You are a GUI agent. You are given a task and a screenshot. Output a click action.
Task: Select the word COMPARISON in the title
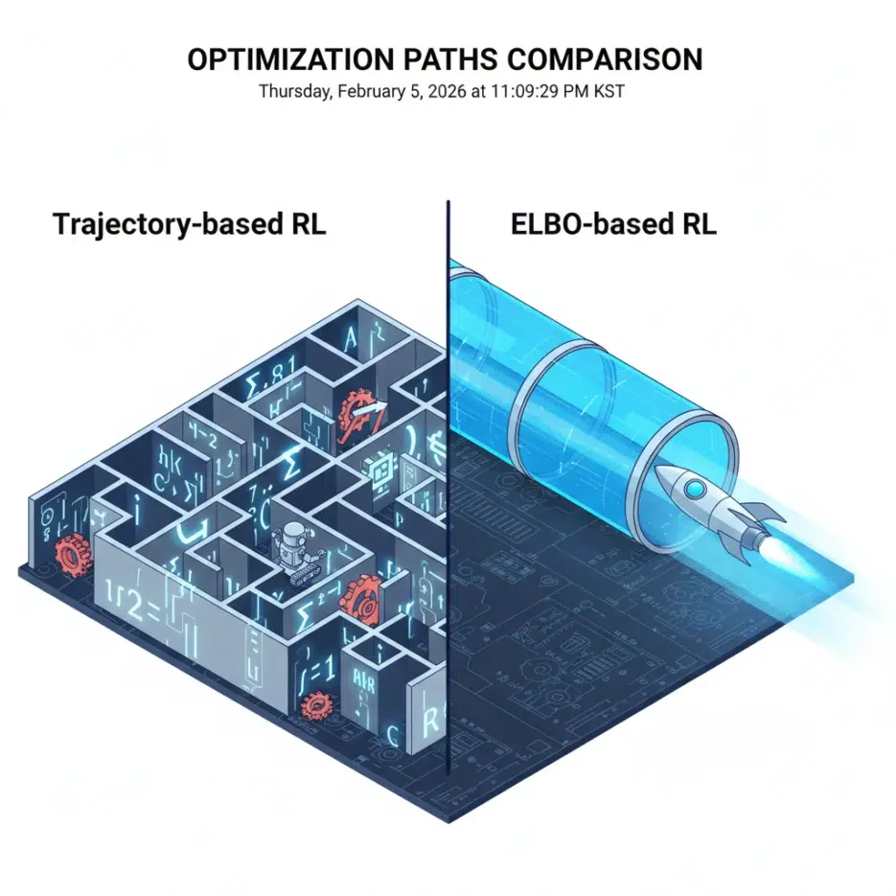point(607,59)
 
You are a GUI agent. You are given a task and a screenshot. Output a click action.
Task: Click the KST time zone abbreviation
point(620,92)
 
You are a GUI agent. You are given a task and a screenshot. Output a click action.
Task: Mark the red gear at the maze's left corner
point(70,554)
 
